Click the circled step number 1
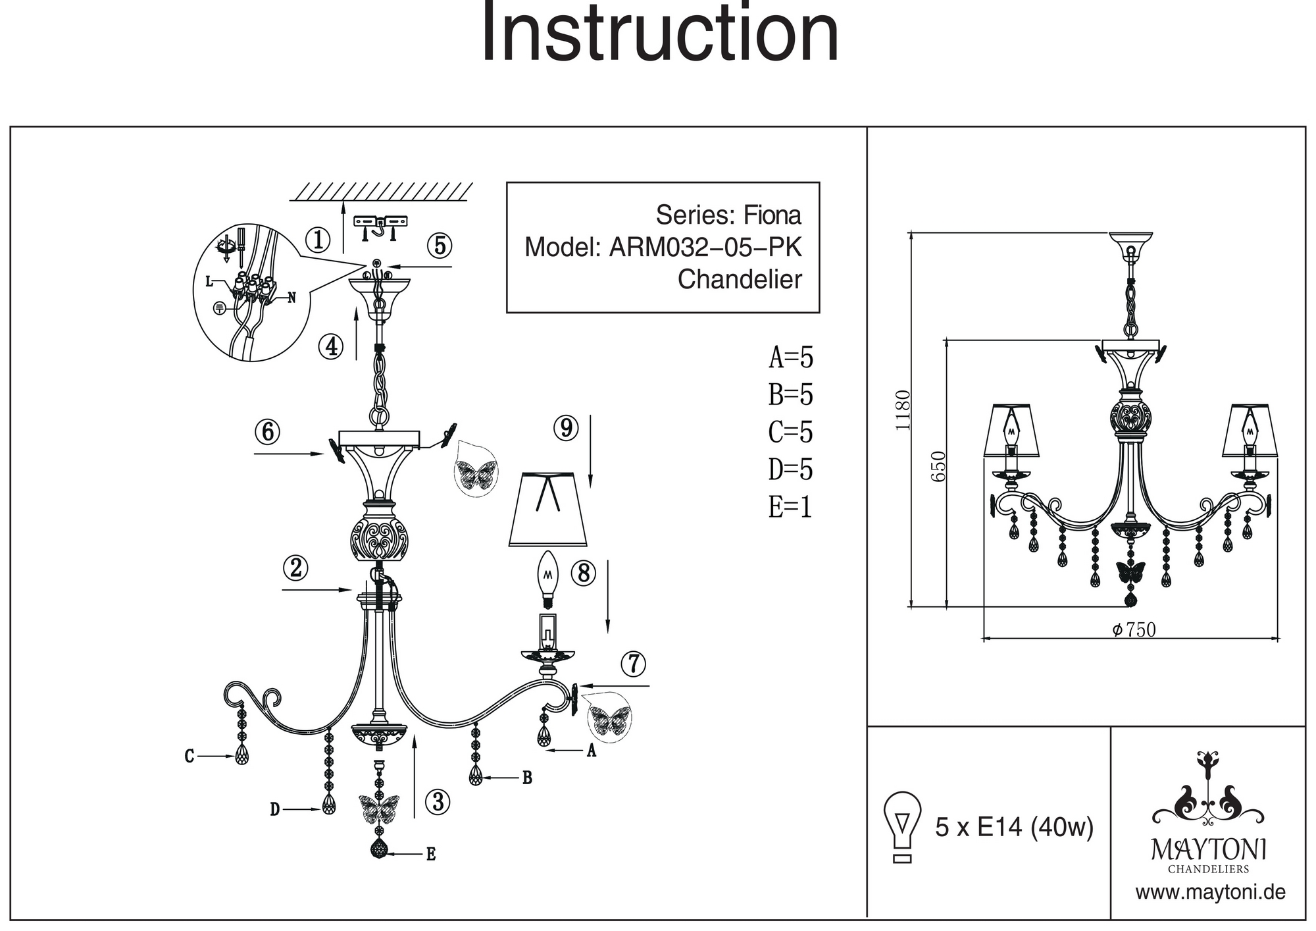(318, 240)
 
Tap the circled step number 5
(440, 246)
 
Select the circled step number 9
(566, 428)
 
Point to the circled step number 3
(438, 802)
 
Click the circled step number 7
(634, 664)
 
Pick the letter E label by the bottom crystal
(431, 854)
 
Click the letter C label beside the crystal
(190, 757)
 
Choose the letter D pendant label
(275, 809)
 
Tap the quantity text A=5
(791, 358)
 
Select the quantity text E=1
(790, 507)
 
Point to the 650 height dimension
(939, 466)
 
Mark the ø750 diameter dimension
(1134, 630)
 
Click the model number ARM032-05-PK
(705, 248)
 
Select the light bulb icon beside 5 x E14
(903, 826)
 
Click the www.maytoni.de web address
(1210, 893)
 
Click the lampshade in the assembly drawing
(548, 510)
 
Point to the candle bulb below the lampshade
(547, 579)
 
